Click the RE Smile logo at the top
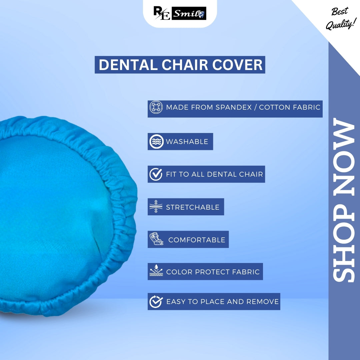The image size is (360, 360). click(180, 13)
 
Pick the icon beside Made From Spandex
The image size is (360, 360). click(156, 107)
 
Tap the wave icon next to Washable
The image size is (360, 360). click(156, 142)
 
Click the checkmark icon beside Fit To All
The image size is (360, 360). click(156, 174)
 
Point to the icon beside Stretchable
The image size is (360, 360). click(156, 207)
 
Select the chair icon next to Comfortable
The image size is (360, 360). click(156, 239)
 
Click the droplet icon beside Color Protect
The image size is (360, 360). click(156, 272)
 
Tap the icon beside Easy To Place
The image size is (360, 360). click(156, 301)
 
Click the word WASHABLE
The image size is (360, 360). click(187, 142)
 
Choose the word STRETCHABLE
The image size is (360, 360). click(193, 207)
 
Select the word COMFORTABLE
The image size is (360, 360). click(197, 240)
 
